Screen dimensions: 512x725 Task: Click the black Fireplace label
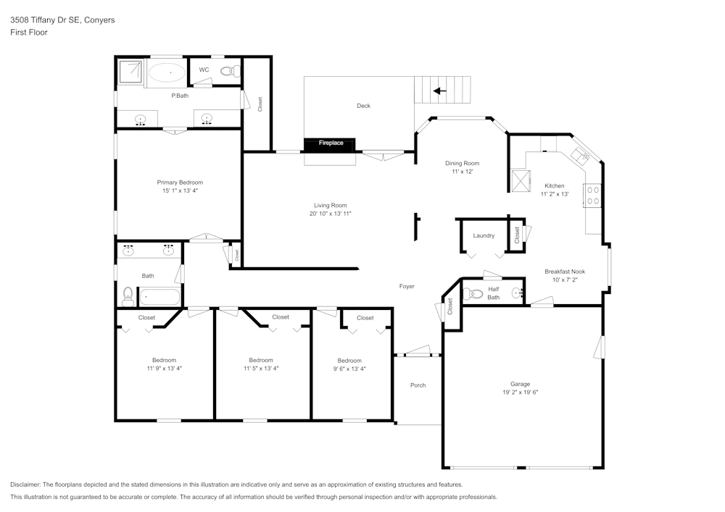(331, 143)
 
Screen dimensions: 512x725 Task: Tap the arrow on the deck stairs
(439, 91)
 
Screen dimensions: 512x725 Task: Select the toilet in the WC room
(229, 70)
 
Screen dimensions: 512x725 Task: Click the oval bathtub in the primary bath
(167, 72)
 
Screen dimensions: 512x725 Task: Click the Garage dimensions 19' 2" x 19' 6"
(520, 393)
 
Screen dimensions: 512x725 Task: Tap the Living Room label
(330, 205)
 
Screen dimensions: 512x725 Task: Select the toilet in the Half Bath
(474, 293)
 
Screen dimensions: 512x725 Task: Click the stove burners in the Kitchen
(593, 194)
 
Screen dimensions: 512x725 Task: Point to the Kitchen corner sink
(581, 155)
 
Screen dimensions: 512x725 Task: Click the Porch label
(418, 385)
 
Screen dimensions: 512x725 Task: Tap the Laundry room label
(484, 235)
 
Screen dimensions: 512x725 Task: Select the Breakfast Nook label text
(565, 272)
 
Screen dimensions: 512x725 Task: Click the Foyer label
(407, 286)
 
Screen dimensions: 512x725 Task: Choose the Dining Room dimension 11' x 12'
(462, 172)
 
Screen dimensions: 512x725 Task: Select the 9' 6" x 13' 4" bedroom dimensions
(349, 369)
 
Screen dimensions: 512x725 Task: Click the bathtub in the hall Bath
(159, 295)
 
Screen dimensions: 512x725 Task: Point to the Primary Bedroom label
(180, 182)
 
